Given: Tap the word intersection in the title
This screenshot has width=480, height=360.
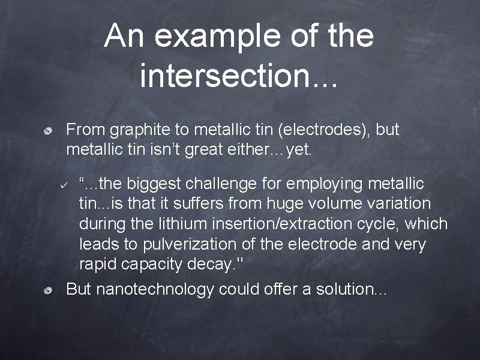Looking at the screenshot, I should point(228,76).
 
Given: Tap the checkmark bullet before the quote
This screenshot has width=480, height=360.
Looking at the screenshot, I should point(67,183).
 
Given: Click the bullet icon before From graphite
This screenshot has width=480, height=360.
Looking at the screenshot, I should point(52,130).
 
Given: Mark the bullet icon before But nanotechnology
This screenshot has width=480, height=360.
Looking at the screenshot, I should point(52,290).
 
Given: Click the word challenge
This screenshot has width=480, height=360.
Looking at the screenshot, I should point(226,182).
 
